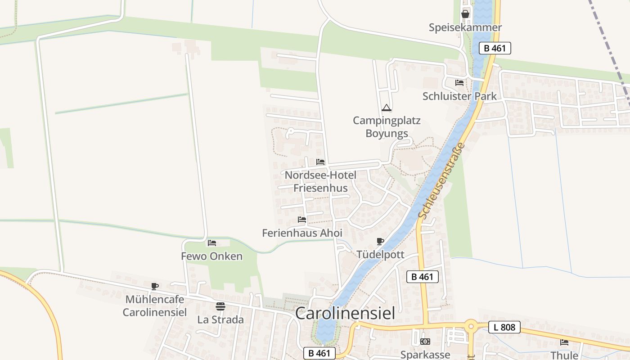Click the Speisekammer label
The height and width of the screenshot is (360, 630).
pos(465,27)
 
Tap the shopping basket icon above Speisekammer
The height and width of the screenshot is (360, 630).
pos(465,14)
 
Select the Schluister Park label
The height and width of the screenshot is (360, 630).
pos(459,96)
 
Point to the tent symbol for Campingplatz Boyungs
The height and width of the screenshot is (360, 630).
pos(386,108)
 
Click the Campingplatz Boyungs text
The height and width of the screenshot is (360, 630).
pos(386,127)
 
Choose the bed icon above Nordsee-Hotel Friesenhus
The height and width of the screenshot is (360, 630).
pos(320,162)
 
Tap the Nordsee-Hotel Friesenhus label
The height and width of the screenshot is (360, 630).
pos(320,181)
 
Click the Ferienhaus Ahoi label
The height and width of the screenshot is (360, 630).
pos(302,233)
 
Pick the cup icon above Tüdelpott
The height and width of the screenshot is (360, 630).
pos(380,242)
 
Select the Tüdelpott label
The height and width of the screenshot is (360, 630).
pos(380,255)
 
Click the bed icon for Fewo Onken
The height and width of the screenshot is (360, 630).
pos(212,243)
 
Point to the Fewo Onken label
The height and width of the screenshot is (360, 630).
pos(211,256)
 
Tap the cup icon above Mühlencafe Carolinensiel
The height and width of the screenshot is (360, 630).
pos(155,286)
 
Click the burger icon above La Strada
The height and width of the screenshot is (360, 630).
pos(220,306)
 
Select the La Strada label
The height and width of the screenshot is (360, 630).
pos(220,319)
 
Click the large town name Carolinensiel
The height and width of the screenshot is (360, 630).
pos(345,313)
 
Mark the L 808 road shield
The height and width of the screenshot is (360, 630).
pos(504,327)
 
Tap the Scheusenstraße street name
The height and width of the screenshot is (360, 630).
pos(442,181)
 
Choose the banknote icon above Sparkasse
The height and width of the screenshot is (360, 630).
pos(425,342)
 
